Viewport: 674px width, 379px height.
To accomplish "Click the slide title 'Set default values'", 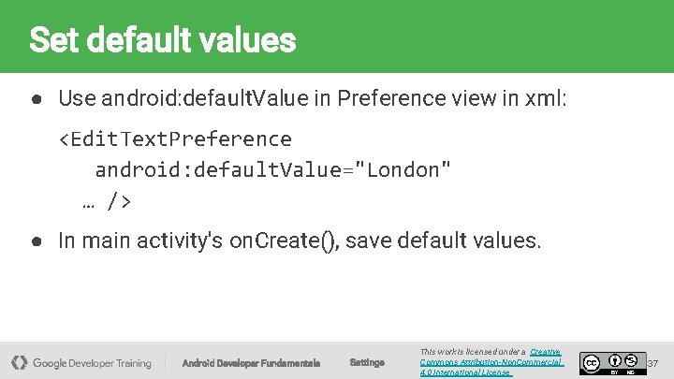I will [162, 40].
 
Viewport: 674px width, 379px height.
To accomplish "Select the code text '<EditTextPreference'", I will [175, 139].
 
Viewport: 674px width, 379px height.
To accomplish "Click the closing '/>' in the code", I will [119, 200].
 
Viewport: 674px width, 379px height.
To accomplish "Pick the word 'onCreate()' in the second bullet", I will [283, 241].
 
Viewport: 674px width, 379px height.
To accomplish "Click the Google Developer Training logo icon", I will [19, 362].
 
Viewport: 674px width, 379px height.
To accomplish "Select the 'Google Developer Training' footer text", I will [92, 362].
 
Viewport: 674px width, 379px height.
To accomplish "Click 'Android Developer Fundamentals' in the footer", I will [251, 362].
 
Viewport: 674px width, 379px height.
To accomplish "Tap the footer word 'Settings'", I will [367, 362].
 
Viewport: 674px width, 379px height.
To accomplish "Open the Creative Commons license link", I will [491, 362].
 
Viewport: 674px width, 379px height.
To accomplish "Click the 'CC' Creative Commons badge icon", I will [591, 362].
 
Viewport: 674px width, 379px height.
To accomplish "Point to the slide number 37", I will [653, 362].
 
